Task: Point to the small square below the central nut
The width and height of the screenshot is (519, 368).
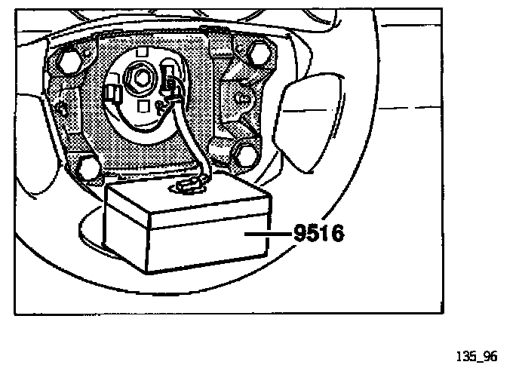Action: (x=143, y=106)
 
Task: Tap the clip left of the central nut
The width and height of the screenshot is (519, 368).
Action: (x=115, y=94)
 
